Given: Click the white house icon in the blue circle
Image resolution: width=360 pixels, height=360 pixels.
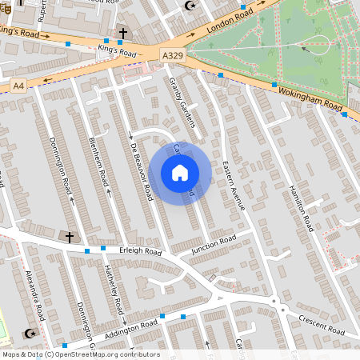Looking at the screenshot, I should coord(180,172).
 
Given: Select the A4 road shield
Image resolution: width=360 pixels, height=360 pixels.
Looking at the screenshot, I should coord(19,85).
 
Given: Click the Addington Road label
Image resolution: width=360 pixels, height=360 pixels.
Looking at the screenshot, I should coord(130,328).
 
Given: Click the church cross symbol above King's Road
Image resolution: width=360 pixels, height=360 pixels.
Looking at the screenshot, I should coord(122,34).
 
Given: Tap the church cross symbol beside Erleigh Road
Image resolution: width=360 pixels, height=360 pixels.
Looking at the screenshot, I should coord(69,237).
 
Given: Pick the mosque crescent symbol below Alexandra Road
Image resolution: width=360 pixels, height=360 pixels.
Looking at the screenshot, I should coord(32,333).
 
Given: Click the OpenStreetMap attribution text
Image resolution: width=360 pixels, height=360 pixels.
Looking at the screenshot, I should coord(81,354).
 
